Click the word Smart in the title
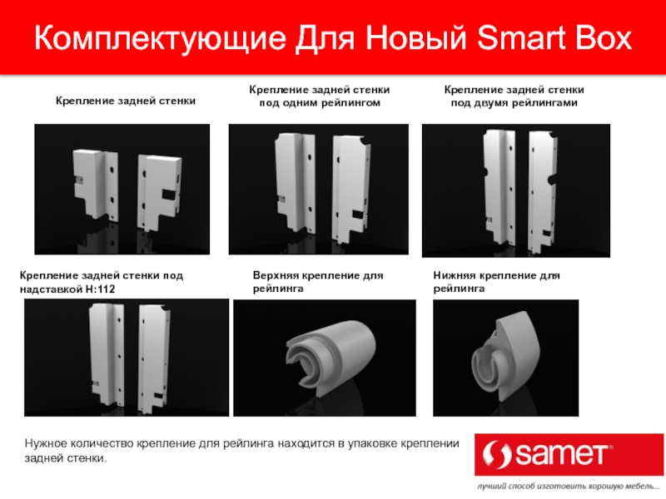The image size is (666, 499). [522, 37]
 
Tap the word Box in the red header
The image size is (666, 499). [604, 37]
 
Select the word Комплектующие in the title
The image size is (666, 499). [160, 39]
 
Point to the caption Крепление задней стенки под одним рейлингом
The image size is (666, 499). [320, 96]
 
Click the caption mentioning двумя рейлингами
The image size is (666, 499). [514, 96]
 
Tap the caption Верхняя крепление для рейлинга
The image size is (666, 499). [318, 282]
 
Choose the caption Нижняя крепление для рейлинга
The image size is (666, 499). [496, 282]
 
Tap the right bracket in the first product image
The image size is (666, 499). [159, 192]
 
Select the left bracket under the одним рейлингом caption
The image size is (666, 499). [296, 182]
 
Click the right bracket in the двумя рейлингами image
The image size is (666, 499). [542, 191]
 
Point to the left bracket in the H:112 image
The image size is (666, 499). [107, 352]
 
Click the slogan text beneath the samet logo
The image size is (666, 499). [569, 487]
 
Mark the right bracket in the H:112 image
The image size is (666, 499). [154, 358]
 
